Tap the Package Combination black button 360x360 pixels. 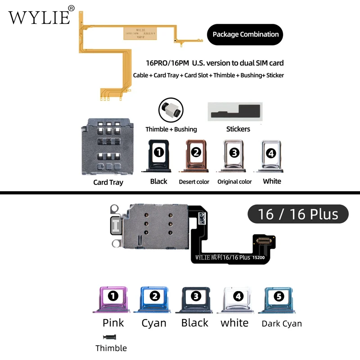pyautogui.click(x=245, y=34)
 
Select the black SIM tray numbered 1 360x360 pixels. pyautogui.click(x=158, y=156)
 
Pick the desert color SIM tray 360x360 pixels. pyautogui.click(x=195, y=156)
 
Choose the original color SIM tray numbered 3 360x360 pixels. pyautogui.click(x=234, y=156)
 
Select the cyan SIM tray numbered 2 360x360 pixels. pyautogui.click(x=154, y=299)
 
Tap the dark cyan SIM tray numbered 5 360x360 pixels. pyautogui.click(x=279, y=299)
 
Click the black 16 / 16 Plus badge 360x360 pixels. pyautogui.click(x=298, y=214)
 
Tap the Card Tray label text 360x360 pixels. pyautogui.click(x=108, y=182)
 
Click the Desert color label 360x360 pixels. pyautogui.click(x=194, y=182)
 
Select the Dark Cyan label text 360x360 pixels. pyautogui.click(x=282, y=324)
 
